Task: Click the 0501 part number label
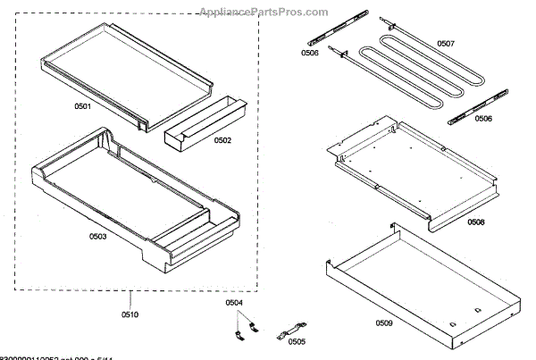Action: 82,108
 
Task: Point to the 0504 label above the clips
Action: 233,304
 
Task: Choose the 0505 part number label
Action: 297,341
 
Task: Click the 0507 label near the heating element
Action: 445,43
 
